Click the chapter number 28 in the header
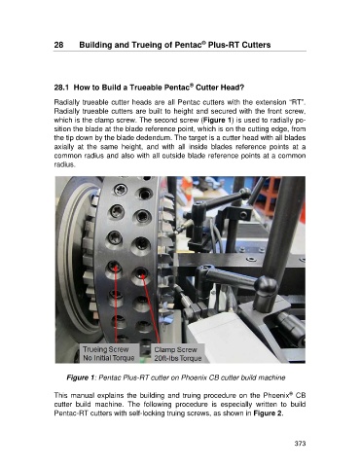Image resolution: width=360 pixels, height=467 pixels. [58, 45]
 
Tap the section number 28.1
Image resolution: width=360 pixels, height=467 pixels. [61, 88]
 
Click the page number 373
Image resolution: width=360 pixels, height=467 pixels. [300, 444]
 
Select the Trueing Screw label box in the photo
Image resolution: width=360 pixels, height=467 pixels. [109, 354]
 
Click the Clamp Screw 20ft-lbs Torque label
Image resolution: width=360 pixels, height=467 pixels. [178, 354]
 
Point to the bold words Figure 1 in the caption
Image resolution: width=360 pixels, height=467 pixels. [81, 377]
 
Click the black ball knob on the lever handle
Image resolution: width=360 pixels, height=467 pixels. [266, 286]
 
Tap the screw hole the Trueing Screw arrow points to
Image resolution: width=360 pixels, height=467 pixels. [114, 267]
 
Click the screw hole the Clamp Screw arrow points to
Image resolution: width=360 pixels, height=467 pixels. [141, 273]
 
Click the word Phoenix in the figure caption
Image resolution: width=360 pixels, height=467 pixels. [194, 377]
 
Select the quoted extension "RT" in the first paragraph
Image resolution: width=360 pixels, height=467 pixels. [299, 102]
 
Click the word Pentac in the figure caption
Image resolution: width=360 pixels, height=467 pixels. [109, 377]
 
